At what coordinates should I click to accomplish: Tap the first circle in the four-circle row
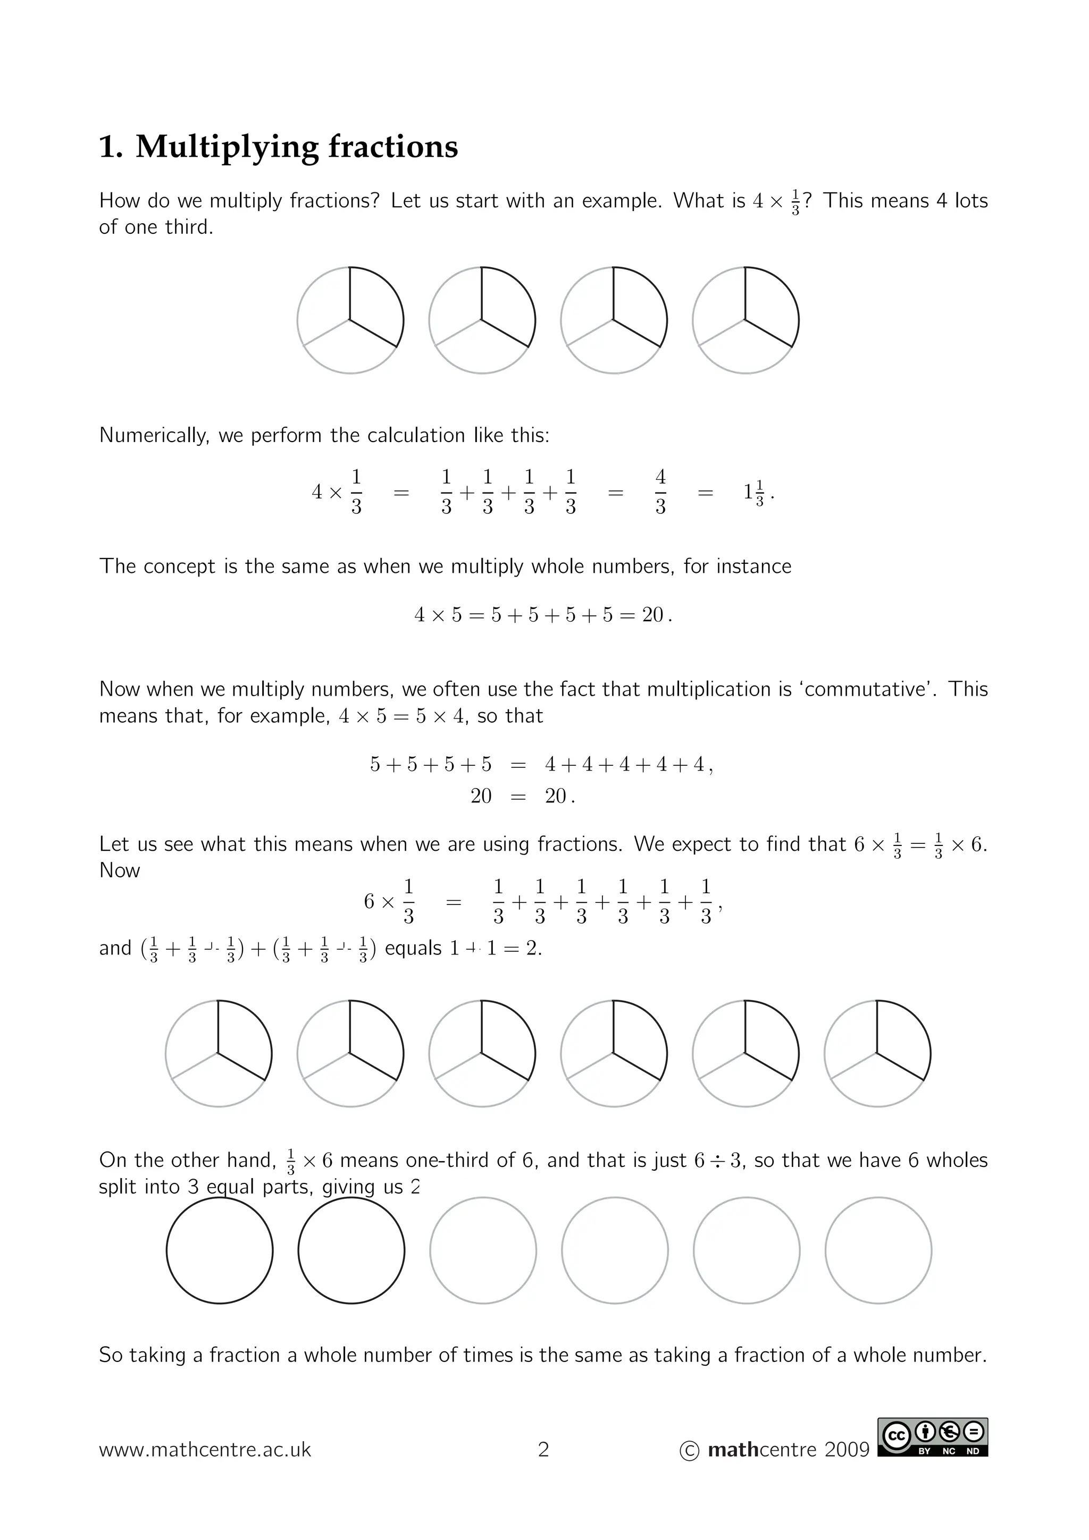click(350, 320)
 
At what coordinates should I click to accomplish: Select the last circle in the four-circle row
click(745, 320)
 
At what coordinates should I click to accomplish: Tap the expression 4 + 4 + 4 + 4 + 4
click(624, 765)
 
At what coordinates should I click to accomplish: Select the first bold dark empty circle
click(220, 1250)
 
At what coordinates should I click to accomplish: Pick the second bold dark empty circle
click(351, 1250)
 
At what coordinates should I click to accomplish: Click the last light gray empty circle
click(878, 1250)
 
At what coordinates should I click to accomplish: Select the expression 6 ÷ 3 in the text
click(717, 1161)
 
